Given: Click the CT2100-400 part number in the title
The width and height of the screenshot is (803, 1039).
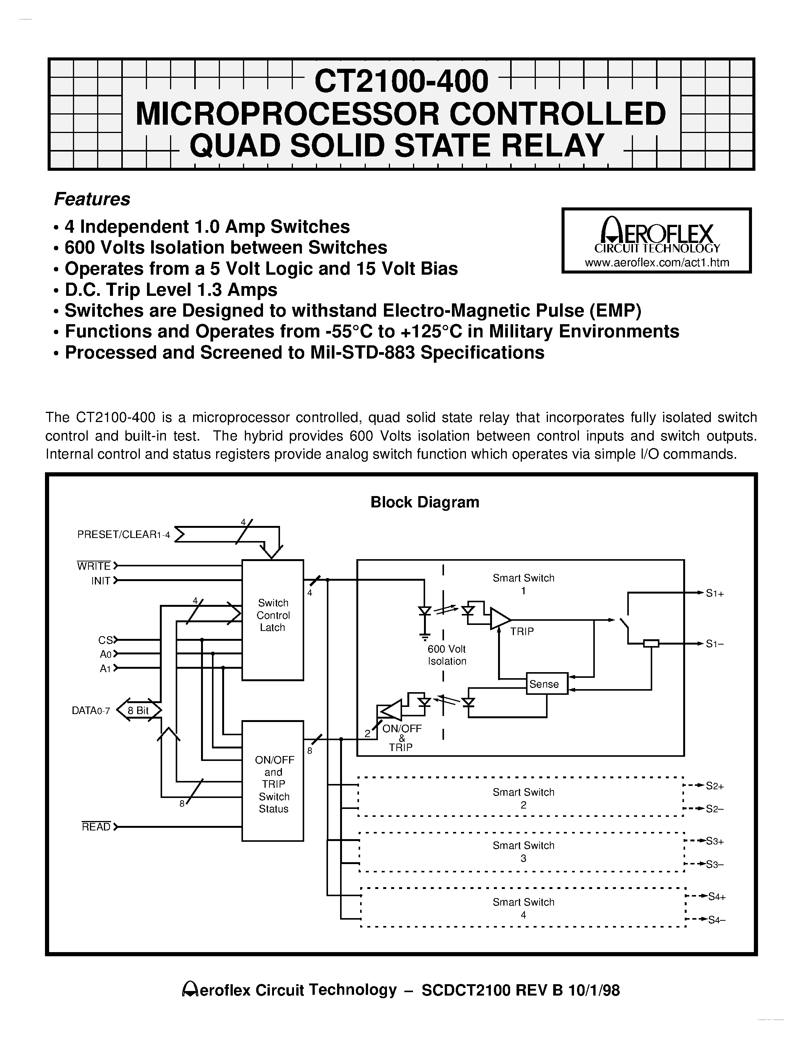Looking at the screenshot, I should [x=401, y=81].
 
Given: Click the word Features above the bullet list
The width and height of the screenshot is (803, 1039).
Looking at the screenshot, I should [x=92, y=199].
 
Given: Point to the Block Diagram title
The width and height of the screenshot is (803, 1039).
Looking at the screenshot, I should [x=424, y=502].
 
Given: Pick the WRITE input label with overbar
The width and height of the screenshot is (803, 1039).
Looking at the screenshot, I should [x=94, y=566].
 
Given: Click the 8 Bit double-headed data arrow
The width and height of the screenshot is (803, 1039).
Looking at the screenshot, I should [x=138, y=710].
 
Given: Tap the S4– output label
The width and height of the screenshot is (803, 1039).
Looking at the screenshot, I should [x=716, y=920].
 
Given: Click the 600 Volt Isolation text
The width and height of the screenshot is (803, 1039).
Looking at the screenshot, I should [x=447, y=655].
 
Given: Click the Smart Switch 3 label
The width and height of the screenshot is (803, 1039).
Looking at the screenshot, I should [x=523, y=852].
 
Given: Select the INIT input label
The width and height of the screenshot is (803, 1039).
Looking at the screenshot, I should [x=101, y=580].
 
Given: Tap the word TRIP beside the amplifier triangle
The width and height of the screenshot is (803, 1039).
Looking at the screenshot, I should [x=522, y=631].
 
